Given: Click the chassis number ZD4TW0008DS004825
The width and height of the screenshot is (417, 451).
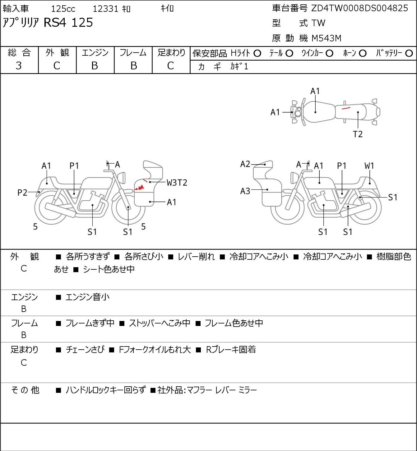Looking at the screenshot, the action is [x=359, y=8].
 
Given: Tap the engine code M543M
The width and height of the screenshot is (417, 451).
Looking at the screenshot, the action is [x=327, y=38].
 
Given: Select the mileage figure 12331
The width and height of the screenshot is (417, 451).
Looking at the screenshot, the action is [x=105, y=9].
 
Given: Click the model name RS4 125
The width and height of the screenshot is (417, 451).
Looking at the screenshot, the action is [x=68, y=22].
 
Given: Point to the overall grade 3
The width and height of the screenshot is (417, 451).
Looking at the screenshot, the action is [x=19, y=66].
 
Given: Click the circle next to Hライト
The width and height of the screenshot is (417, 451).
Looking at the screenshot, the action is [x=257, y=53].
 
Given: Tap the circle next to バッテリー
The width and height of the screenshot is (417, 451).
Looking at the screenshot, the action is [x=409, y=53].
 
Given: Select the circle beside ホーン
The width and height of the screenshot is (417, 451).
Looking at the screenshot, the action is [x=363, y=53].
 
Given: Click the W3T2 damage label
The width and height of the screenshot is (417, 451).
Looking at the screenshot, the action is [x=177, y=183].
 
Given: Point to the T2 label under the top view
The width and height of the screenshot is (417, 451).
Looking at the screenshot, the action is [x=358, y=134].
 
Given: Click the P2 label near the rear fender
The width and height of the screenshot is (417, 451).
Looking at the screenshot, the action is [x=22, y=193].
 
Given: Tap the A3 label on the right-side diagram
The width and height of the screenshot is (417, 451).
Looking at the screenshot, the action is [x=245, y=191].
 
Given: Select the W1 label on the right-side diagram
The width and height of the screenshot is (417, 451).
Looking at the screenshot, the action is [x=369, y=166].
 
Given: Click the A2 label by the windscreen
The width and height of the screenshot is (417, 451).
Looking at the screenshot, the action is [x=245, y=164].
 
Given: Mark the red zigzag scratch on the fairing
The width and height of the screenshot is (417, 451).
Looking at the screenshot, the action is [x=139, y=188].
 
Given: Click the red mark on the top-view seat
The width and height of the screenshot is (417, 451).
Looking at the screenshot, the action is [x=346, y=108].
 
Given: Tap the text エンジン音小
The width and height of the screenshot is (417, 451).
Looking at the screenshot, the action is [x=87, y=297].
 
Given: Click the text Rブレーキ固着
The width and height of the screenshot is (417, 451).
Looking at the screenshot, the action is [x=231, y=350].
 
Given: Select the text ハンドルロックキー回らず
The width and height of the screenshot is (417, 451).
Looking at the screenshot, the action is [x=106, y=390].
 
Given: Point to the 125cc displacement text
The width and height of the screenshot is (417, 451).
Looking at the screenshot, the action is [x=63, y=9].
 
